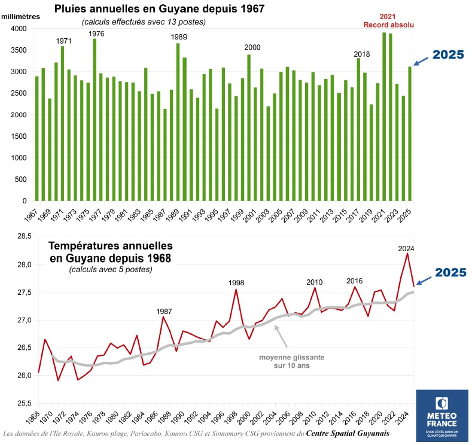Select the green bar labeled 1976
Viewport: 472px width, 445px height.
tap(95, 120)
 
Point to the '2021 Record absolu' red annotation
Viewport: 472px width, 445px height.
tap(389, 20)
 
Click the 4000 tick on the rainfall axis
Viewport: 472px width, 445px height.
tap(19, 29)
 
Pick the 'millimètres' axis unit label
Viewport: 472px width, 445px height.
tap(20, 16)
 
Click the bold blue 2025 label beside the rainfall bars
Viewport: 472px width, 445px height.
tap(448, 54)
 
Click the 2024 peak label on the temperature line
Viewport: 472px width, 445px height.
tap(406, 249)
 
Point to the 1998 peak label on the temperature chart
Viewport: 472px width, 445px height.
tap(236, 282)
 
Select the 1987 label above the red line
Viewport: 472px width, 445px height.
tap(165, 312)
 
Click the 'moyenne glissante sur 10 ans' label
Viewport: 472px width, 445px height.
tap(291, 361)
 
